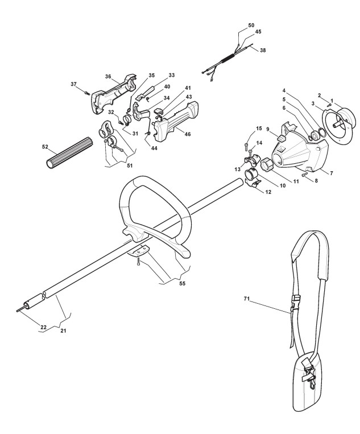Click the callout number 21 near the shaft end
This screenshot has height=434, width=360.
point(63,330)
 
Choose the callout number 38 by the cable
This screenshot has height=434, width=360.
point(262,50)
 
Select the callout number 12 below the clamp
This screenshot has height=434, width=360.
point(267,192)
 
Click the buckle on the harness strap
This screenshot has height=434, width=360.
point(296,299)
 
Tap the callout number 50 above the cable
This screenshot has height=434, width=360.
point(251,26)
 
